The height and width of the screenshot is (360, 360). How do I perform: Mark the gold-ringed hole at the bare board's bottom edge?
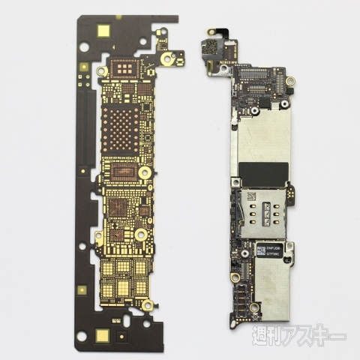click(148, 306)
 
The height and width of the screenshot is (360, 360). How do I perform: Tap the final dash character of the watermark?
click(341, 336)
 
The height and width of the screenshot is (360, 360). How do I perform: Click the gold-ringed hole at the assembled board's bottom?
click(237, 278)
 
